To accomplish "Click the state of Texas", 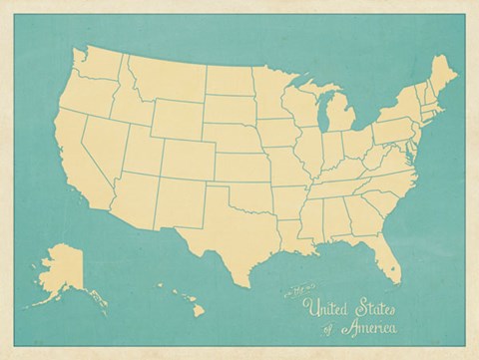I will point(225,224).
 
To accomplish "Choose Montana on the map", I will point(165,80).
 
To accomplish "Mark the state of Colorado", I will point(186,160).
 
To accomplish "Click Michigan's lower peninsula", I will point(339,117).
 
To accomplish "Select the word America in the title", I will point(368,328).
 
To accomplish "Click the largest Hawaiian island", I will point(198,310).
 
